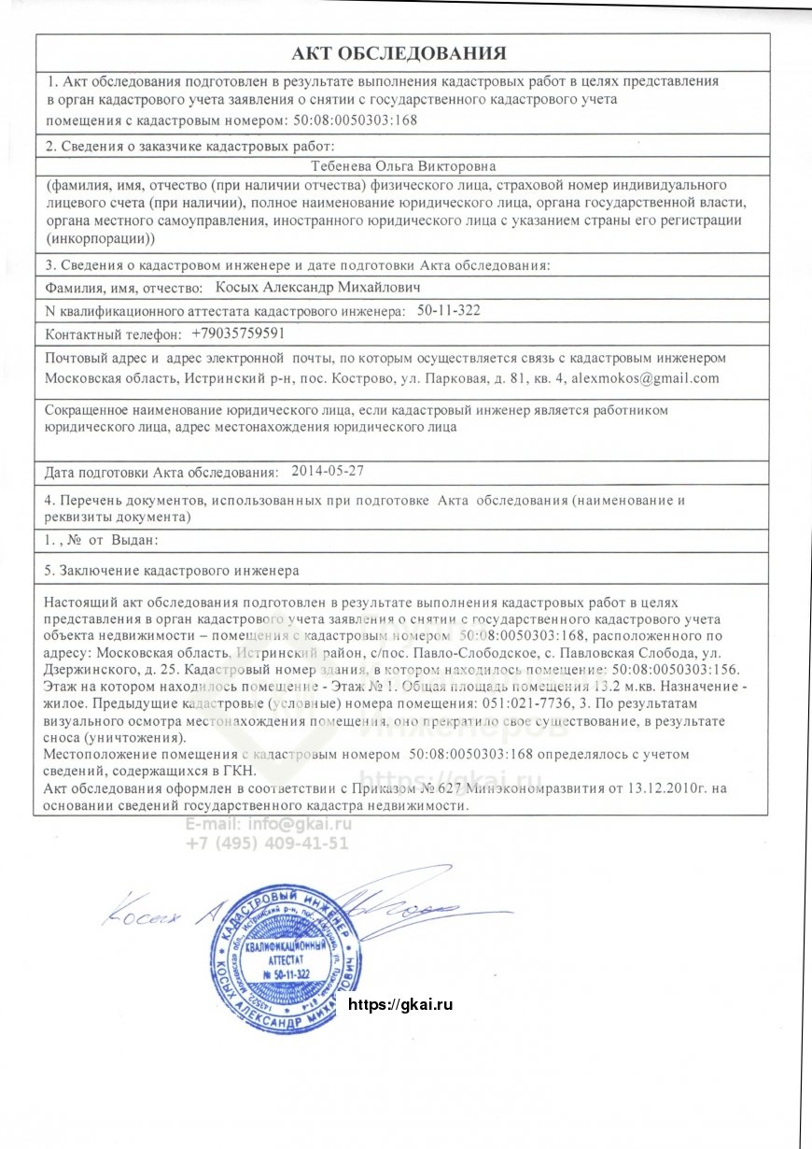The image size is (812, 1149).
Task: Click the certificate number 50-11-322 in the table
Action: [x=449, y=310]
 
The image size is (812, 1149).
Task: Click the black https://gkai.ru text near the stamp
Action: [x=399, y=1004]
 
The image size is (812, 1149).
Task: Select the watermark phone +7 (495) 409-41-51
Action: [x=267, y=843]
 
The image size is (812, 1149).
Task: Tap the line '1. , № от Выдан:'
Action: [x=103, y=540]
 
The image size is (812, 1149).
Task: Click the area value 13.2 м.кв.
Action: [x=598, y=687]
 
